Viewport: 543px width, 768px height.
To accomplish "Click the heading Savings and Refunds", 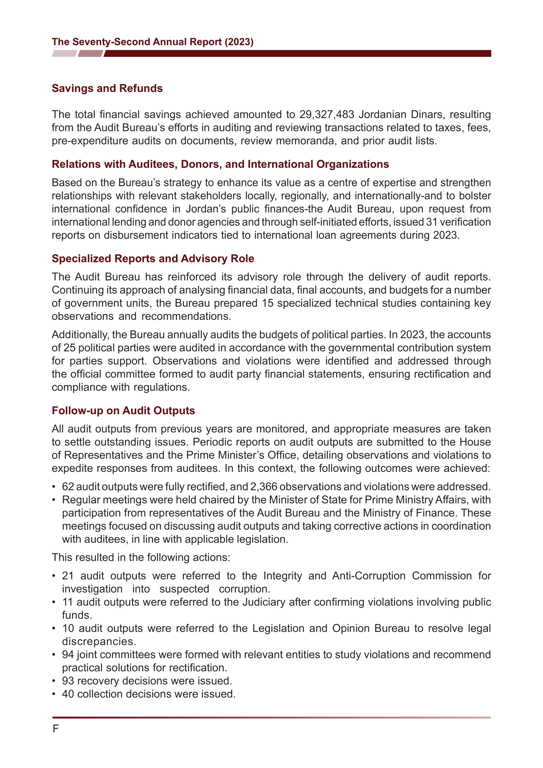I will pyautogui.click(x=107, y=88).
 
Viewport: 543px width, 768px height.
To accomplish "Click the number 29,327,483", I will pyautogui.click(x=326, y=114).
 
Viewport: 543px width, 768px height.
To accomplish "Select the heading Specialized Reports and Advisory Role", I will pyautogui.click(x=153, y=258).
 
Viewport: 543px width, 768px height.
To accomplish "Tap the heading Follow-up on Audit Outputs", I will pyautogui.click(x=123, y=410).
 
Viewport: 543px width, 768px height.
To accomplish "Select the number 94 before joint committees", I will pyautogui.click(x=68, y=655).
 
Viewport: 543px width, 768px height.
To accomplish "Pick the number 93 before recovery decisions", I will pyautogui.click(x=68, y=681).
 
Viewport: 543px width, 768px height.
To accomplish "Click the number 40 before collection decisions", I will pyautogui.click(x=68, y=694).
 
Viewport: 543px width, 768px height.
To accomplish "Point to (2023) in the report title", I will pyautogui.click(x=239, y=42).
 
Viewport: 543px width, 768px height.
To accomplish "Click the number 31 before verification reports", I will pyautogui.click(x=432, y=222).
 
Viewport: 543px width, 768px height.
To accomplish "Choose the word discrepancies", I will pyautogui.click(x=99, y=642).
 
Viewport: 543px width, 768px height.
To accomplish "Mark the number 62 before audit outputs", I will pyautogui.click(x=68, y=487).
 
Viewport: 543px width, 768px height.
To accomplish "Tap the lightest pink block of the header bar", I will pyautogui.click(x=64, y=54).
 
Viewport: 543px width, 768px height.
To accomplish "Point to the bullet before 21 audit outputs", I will pyautogui.click(x=54, y=576).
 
